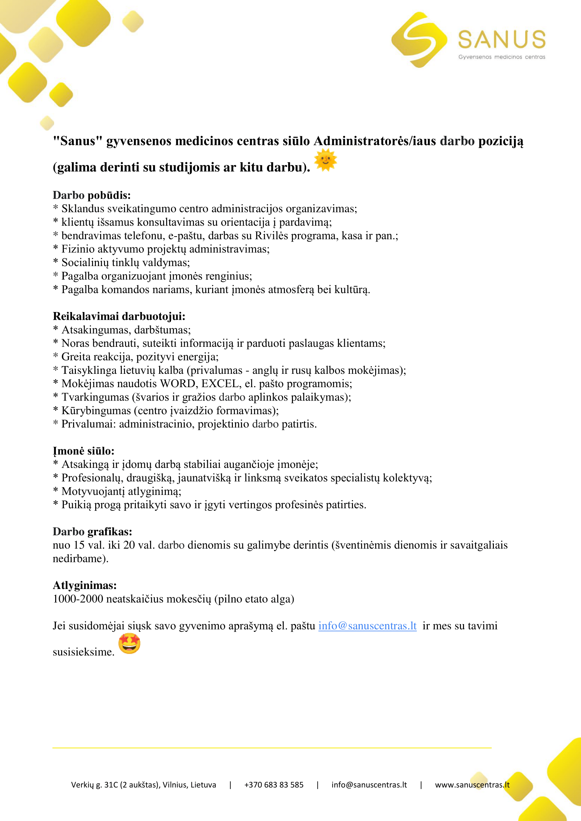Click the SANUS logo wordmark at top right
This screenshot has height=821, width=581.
pyautogui.click(x=502, y=39)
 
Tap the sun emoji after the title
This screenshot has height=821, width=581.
pyautogui.click(x=325, y=160)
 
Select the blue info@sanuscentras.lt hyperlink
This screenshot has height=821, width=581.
pyautogui.click(x=367, y=626)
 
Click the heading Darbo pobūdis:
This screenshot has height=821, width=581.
pyautogui.click(x=92, y=195)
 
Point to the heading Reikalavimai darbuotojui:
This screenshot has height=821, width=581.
pyautogui.click(x=119, y=316)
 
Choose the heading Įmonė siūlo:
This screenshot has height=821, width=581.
pyautogui.click(x=83, y=451)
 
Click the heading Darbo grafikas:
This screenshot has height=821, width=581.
pyautogui.click(x=92, y=532)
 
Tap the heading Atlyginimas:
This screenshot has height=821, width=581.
pyautogui.click(x=84, y=585)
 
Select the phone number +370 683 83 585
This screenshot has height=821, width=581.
pyautogui.click(x=274, y=785)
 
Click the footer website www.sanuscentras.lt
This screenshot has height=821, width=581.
pyautogui.click(x=472, y=785)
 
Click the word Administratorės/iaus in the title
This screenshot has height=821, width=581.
pyautogui.click(x=375, y=141)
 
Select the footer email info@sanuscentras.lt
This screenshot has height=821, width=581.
pyautogui.click(x=369, y=785)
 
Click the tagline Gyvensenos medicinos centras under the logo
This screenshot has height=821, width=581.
pyautogui.click(x=502, y=57)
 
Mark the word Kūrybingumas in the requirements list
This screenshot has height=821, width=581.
pyautogui.click(x=96, y=411)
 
